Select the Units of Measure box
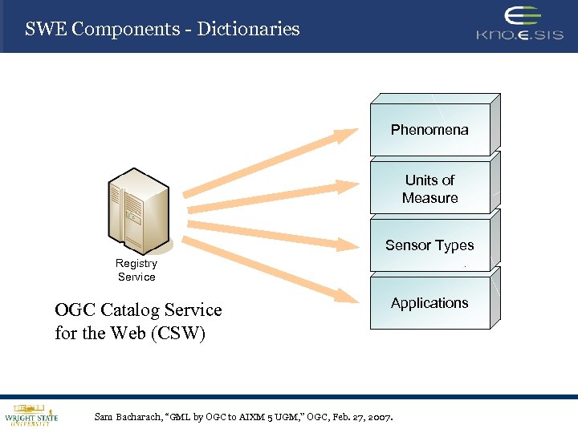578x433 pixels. tap(429, 189)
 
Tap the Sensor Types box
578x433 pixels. tap(429, 245)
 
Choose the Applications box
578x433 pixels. tap(429, 303)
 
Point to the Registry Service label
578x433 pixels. tap(136, 270)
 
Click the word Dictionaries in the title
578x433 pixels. tap(248, 30)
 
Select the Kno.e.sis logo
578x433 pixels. tap(519, 24)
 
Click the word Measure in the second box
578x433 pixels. tap(429, 198)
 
